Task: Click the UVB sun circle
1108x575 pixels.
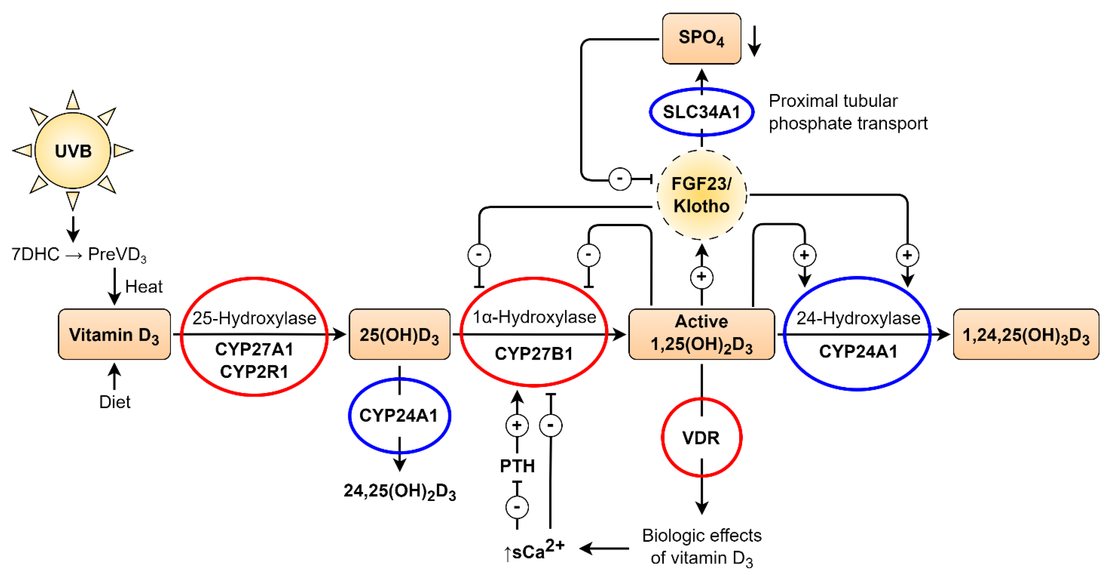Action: (73, 151)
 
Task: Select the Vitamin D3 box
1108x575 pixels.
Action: (114, 334)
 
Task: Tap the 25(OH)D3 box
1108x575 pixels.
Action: (399, 334)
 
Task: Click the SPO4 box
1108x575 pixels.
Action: (701, 38)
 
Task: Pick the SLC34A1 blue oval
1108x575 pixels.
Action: (701, 112)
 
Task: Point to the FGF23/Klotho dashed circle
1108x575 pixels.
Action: (701, 195)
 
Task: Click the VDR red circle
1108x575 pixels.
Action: (701, 438)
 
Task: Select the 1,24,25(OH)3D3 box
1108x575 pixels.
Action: (1026, 334)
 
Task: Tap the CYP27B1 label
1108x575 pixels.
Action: (533, 354)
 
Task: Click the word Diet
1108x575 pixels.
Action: (114, 402)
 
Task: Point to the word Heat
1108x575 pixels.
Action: (144, 287)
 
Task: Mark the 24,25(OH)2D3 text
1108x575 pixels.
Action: (399, 491)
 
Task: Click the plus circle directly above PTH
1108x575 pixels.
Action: (517, 425)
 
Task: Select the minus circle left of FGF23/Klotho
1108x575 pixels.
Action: (620, 179)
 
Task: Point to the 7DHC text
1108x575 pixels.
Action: (35, 254)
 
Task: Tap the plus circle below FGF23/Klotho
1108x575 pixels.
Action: (701, 277)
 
